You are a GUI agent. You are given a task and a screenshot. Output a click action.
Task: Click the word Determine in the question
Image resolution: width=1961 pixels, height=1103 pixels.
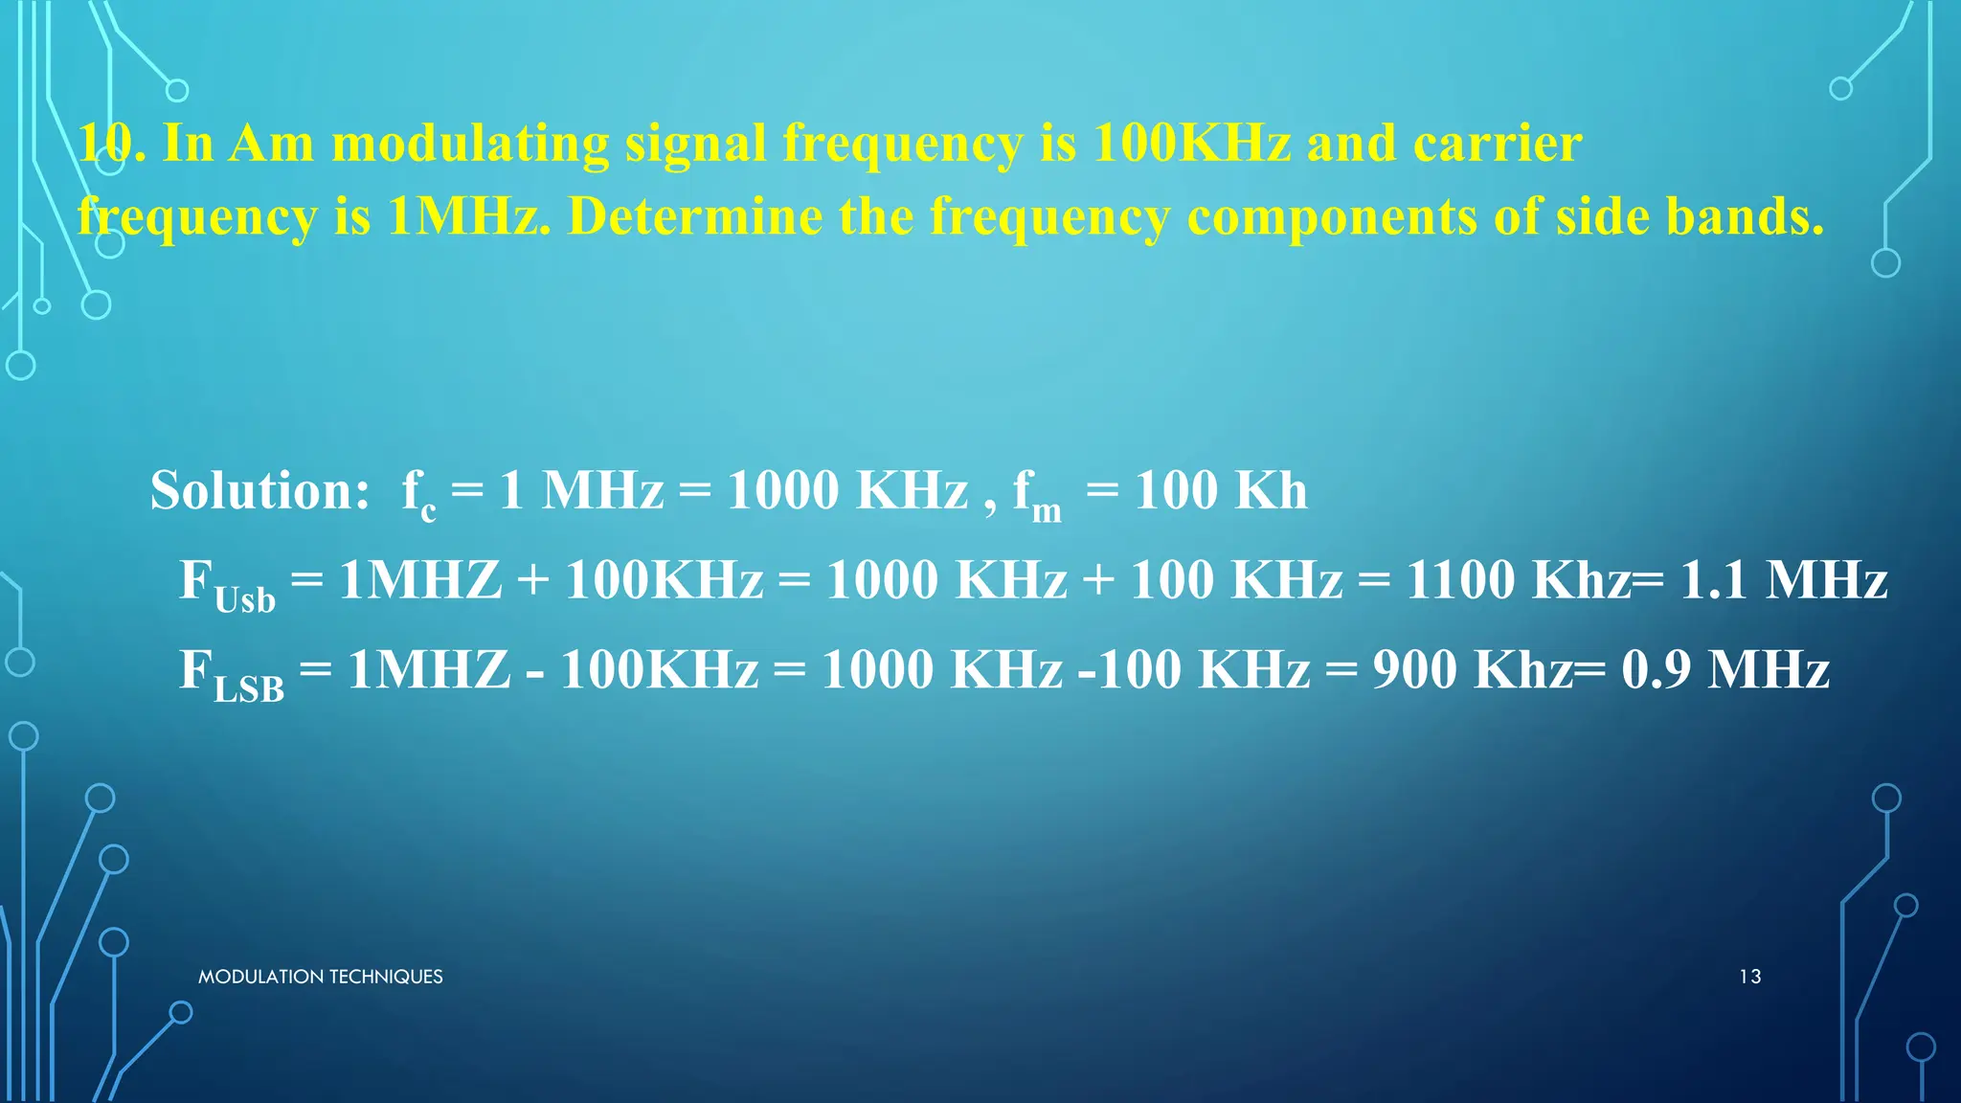(x=694, y=216)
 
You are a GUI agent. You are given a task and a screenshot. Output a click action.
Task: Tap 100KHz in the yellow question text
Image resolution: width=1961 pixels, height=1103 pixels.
(x=1191, y=145)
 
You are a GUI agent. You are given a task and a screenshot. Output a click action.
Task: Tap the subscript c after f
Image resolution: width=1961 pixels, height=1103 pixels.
(x=428, y=511)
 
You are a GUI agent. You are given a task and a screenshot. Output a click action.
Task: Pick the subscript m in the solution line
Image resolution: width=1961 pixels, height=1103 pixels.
(x=1047, y=511)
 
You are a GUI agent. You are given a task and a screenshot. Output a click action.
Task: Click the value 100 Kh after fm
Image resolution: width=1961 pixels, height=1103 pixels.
(x=1221, y=491)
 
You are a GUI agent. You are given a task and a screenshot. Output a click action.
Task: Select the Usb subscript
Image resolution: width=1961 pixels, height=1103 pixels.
(x=245, y=600)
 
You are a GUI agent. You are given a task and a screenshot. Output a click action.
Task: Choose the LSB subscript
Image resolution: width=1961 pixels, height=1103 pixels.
(x=249, y=689)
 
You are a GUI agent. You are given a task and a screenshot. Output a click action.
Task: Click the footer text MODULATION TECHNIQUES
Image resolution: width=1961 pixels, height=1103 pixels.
(x=320, y=977)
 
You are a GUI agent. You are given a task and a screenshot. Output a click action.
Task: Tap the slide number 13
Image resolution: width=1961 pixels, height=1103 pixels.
(x=1749, y=977)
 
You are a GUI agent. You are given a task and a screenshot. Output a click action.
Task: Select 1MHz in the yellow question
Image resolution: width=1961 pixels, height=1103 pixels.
(x=463, y=216)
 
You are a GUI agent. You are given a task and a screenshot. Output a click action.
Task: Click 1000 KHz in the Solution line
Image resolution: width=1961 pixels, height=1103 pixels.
(x=847, y=491)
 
